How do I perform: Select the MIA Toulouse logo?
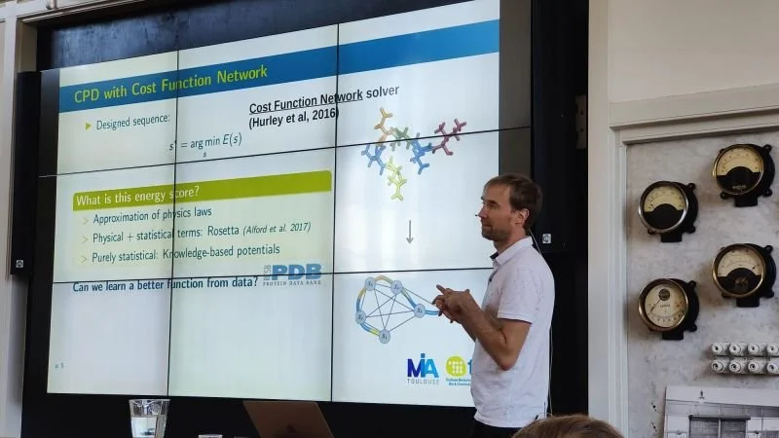(423, 368)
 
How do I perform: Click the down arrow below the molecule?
(410, 232)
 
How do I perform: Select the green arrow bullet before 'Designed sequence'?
(89, 126)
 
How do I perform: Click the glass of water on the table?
(148, 418)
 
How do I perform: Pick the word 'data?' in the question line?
(240, 286)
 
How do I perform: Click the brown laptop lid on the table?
(288, 420)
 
